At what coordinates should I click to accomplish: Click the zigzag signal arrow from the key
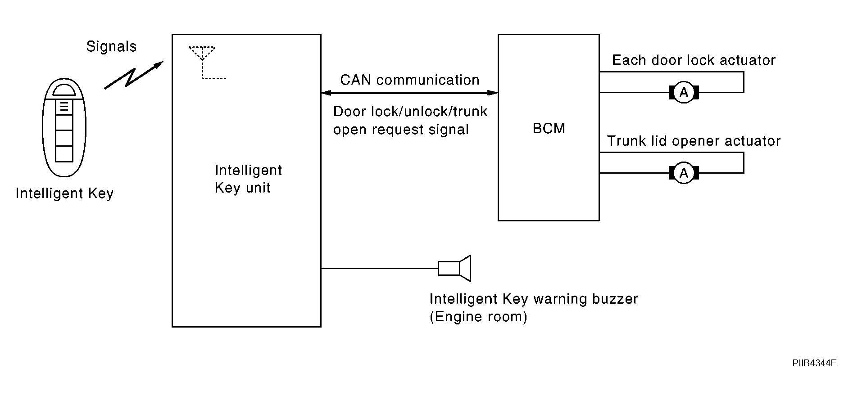pos(133,75)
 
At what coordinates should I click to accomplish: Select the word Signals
pos(111,47)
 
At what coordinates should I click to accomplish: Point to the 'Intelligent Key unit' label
pos(248,179)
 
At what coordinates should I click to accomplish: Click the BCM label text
pos(549,129)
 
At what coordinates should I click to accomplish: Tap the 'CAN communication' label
pos(410,80)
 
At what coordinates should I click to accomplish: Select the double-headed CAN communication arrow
pos(409,93)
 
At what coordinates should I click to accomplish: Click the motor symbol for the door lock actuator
pos(684,93)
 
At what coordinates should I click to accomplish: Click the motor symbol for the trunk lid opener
pos(684,173)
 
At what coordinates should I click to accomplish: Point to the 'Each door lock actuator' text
pos(694,60)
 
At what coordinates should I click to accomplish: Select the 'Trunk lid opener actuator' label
pos(694,141)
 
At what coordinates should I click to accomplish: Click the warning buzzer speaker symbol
pos(454,268)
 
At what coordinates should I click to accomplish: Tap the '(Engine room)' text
pos(478,317)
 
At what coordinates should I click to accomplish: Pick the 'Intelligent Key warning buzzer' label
pos(534,299)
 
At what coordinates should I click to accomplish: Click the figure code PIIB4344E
pos(814,363)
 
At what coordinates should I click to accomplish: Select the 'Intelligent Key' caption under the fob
pos(64,193)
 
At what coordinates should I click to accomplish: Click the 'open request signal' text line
pos(401,130)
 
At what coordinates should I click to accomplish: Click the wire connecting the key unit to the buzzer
pos(380,269)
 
